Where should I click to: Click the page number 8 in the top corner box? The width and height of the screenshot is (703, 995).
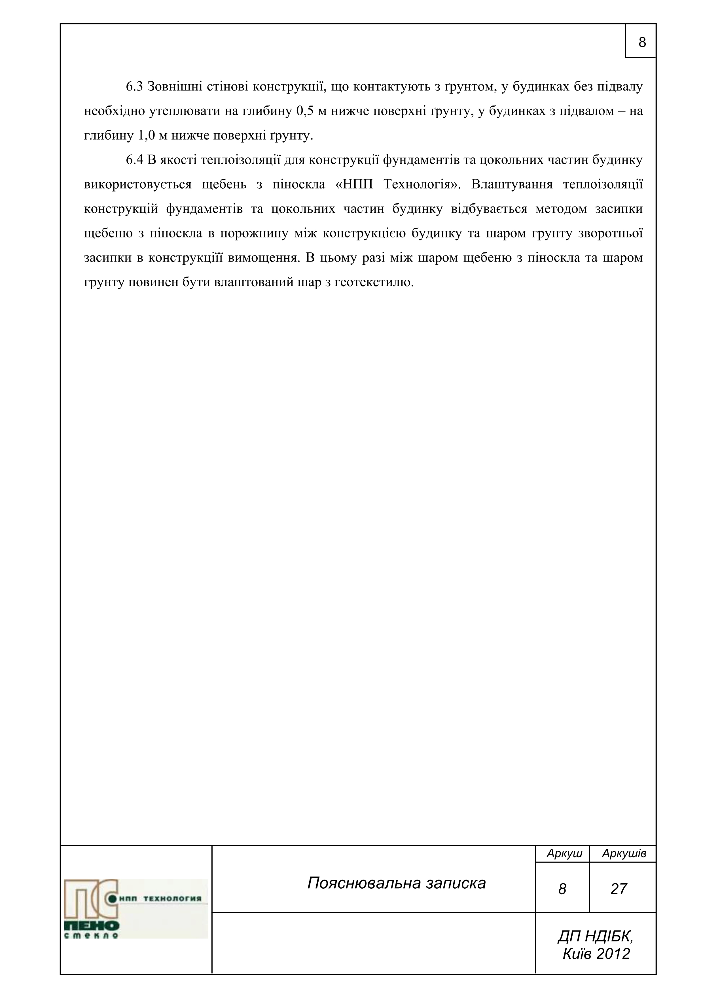coord(642,43)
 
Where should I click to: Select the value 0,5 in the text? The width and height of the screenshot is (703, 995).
coord(305,112)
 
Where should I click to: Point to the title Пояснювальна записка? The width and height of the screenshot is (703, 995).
coord(396,883)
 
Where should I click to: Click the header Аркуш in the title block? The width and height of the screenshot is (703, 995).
coord(564,853)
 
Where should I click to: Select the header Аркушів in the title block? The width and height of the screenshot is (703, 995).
coord(624,853)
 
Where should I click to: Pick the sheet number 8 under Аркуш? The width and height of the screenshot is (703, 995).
coord(562,889)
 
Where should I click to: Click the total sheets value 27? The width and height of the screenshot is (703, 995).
coord(619,889)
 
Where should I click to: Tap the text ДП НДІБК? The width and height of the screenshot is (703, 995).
coord(596,936)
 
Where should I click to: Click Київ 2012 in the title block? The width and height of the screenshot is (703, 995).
coord(596,953)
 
